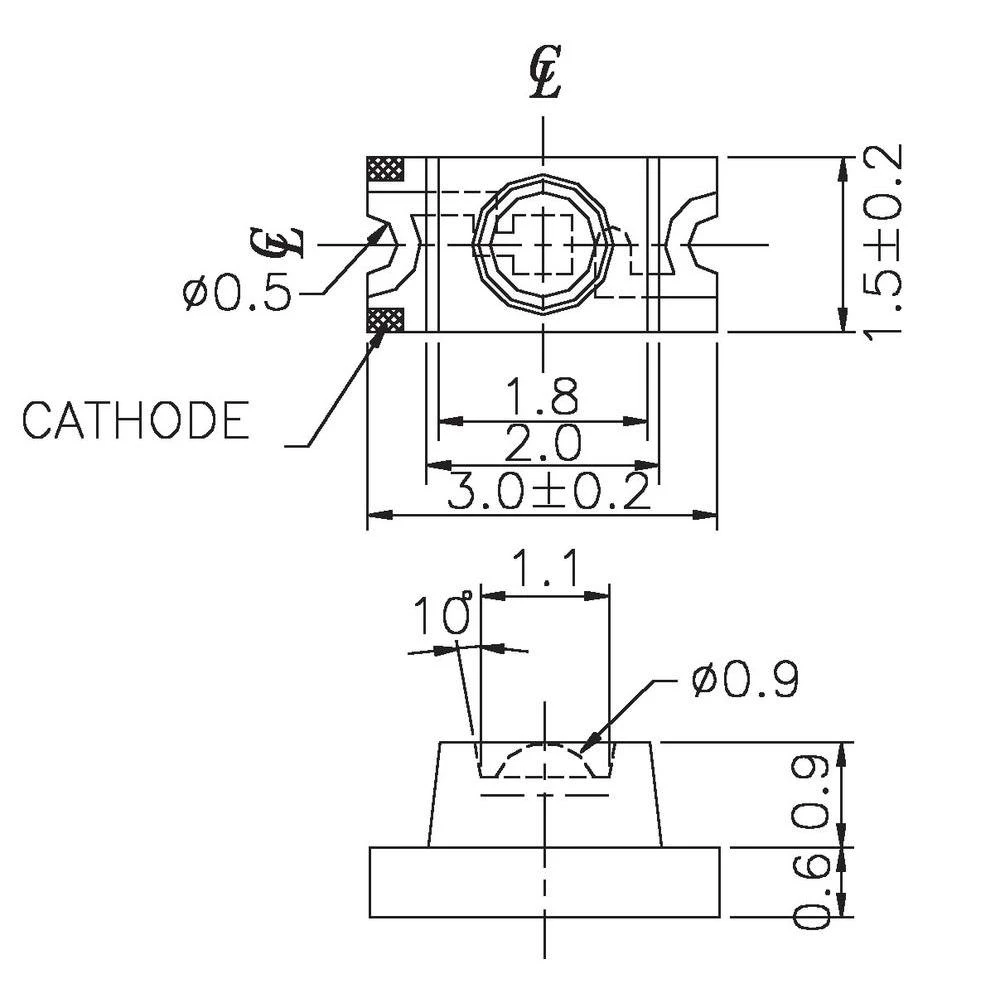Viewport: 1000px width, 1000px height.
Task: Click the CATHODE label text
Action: tap(135, 420)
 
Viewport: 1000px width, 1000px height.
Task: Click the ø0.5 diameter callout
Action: tap(237, 293)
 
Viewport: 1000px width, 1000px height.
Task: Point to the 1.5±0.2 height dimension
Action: tap(884, 243)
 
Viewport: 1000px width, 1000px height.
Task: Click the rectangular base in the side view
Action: tap(544, 882)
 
